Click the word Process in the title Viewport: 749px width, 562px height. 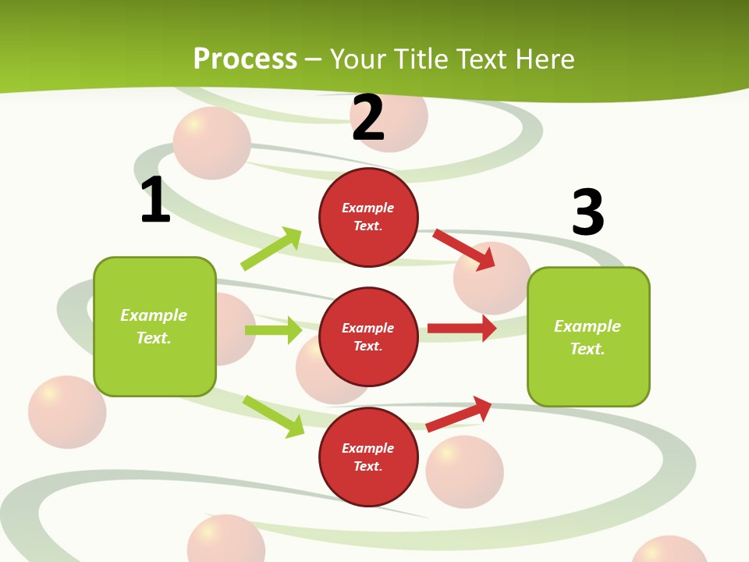245,59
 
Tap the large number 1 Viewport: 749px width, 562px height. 155,200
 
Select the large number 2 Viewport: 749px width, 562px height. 368,118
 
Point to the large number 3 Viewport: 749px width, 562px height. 587,212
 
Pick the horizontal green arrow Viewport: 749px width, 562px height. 273,330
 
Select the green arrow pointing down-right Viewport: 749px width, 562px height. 274,416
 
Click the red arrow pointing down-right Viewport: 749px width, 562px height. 464,249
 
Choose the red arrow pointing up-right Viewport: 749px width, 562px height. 459,414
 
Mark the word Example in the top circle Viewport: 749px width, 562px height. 368,208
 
